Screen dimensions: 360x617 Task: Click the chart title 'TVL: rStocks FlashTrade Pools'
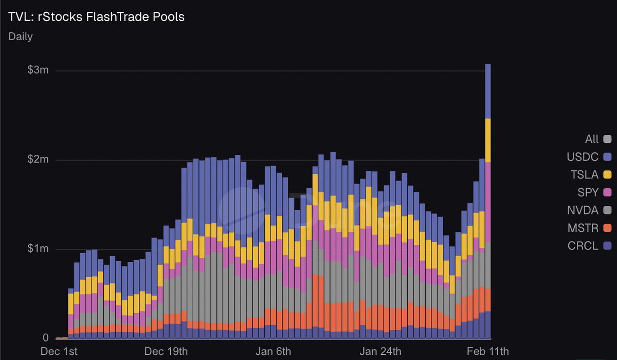pos(96,17)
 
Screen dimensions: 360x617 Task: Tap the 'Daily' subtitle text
pos(21,37)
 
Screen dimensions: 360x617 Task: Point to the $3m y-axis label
pos(38,70)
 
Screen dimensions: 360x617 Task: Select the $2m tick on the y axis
pos(38,159)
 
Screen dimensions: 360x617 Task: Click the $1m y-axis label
pos(38,249)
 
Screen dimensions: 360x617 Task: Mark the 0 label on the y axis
pos(46,338)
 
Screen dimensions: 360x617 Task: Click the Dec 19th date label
pos(167,352)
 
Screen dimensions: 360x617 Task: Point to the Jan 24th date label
pos(381,352)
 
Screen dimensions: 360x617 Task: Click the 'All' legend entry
pos(592,139)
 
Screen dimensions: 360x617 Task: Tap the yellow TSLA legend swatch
pos(607,174)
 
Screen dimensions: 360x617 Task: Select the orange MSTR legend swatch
pos(607,228)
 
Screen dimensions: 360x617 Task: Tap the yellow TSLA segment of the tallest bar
pos(488,140)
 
